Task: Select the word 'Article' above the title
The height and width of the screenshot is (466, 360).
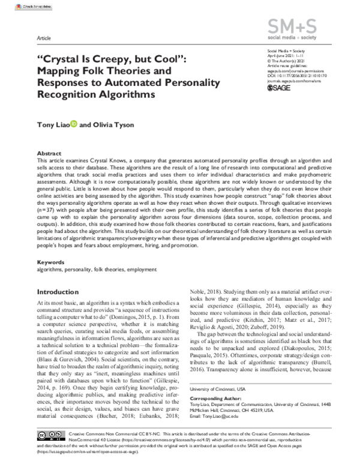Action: pyautogui.click(x=44, y=37)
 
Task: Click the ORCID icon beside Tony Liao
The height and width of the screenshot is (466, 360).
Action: pyautogui.click(x=74, y=125)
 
